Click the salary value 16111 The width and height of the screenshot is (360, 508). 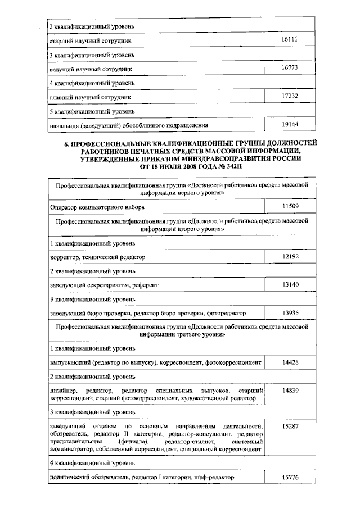point(290,40)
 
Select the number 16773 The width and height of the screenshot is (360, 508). point(290,68)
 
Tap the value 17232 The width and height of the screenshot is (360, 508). point(290,96)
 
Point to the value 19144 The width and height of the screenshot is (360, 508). point(290,124)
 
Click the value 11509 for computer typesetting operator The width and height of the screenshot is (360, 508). point(290,207)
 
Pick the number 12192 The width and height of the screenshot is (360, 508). point(290,257)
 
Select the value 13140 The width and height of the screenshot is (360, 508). point(290,285)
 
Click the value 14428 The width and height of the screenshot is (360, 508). point(290,362)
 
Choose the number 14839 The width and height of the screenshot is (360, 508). point(290,390)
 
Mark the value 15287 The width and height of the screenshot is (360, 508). point(290,426)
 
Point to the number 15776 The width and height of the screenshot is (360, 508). point(290,477)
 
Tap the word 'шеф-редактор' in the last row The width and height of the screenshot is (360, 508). point(213,478)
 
